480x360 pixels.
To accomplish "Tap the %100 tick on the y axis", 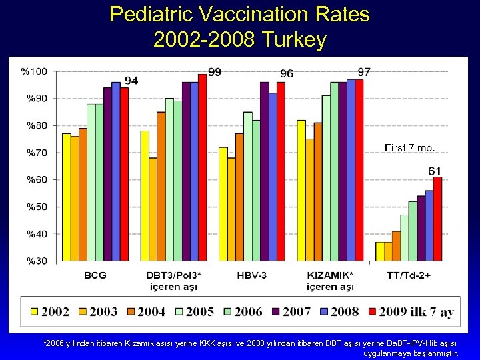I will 34,71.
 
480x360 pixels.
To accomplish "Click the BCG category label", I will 95,275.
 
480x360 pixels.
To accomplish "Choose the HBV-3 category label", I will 251,275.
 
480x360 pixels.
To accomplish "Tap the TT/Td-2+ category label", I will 409,275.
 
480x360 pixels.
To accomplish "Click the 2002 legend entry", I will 49,311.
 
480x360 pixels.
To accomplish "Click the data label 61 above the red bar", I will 434,171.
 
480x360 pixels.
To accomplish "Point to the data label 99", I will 215,72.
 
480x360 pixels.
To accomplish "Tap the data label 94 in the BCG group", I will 131,81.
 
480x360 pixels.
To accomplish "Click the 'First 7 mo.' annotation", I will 410,147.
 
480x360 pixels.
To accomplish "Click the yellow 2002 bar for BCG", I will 66,197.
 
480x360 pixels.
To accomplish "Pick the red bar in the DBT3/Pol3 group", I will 202,167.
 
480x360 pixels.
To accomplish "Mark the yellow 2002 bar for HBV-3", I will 223,203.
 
